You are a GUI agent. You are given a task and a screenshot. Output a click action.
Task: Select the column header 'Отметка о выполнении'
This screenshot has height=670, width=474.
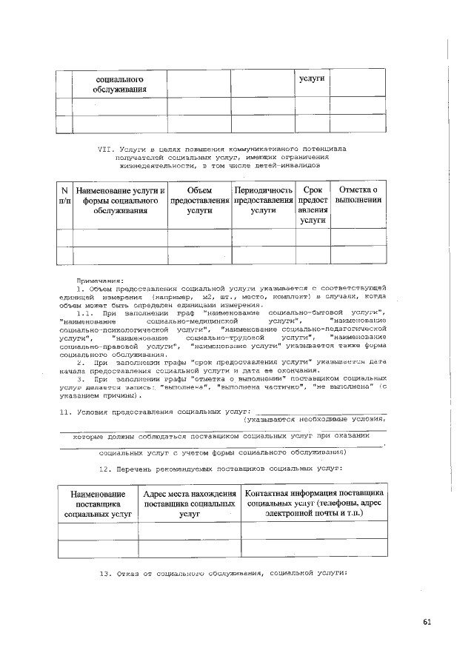tap(358, 195)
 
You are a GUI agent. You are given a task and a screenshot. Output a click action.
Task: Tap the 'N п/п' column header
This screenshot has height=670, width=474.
tap(64, 195)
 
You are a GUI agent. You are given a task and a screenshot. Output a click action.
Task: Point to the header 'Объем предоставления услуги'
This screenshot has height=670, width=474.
tap(199, 201)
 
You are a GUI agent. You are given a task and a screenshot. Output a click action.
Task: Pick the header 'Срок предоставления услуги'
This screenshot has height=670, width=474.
tap(313, 205)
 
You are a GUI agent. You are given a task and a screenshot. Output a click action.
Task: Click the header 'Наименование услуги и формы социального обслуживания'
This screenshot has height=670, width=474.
tap(119, 201)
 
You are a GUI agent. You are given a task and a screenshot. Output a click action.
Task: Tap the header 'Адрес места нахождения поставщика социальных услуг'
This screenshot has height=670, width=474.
tap(190, 502)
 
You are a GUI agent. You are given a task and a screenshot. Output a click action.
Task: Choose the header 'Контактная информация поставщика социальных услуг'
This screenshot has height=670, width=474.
tap(314, 502)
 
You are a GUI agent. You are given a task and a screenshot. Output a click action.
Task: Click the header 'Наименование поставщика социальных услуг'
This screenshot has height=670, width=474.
tap(98, 502)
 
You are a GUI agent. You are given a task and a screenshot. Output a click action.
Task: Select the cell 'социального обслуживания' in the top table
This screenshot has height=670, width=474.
tap(118, 84)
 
